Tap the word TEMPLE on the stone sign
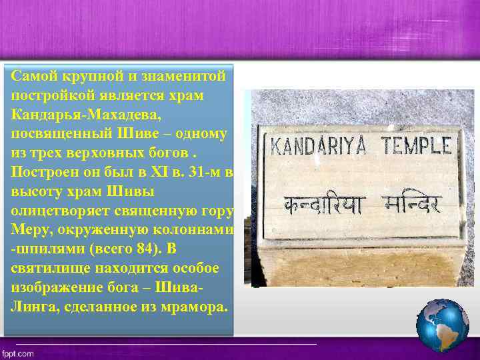coord(415,145)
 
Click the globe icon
coord(442,325)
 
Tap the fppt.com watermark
coord(18,354)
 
